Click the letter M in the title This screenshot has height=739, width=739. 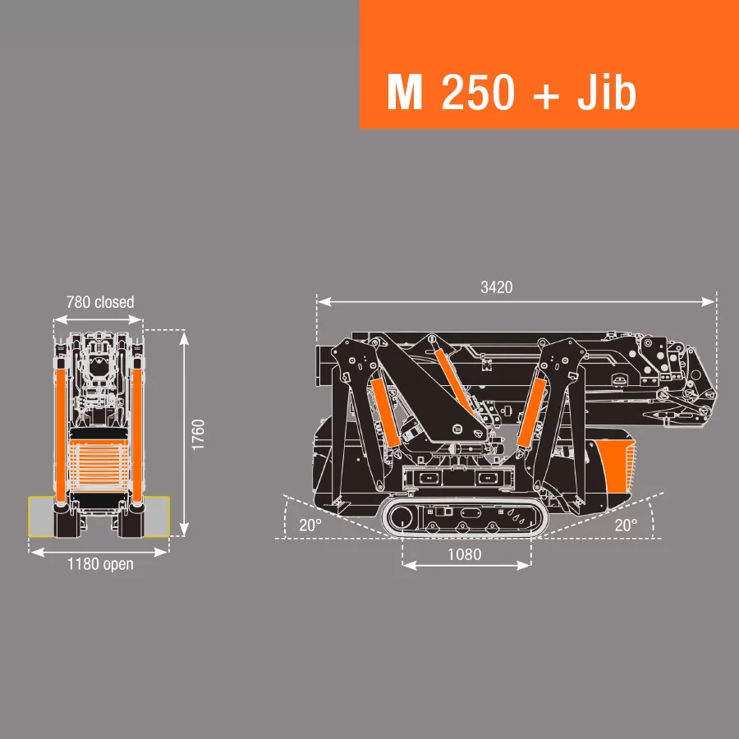click(404, 94)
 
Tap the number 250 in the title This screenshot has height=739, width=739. click(479, 94)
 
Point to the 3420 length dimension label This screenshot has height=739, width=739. click(496, 287)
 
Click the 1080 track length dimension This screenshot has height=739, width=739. click(464, 554)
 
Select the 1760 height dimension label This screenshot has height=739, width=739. click(198, 434)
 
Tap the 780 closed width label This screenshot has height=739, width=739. click(99, 302)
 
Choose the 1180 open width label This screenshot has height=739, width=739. click(99, 564)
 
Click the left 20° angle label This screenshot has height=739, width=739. click(310, 526)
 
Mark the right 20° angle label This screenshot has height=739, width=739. click(626, 526)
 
